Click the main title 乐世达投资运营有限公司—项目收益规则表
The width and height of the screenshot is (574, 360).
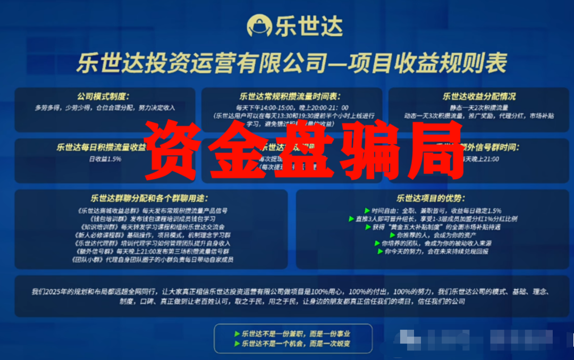[291, 63]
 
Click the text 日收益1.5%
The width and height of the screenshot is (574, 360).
[105, 158]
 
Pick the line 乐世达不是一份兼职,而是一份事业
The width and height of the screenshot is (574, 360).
[296, 334]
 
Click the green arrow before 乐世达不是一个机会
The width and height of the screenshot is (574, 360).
[237, 344]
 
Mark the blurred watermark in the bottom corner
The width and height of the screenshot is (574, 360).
[484, 338]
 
